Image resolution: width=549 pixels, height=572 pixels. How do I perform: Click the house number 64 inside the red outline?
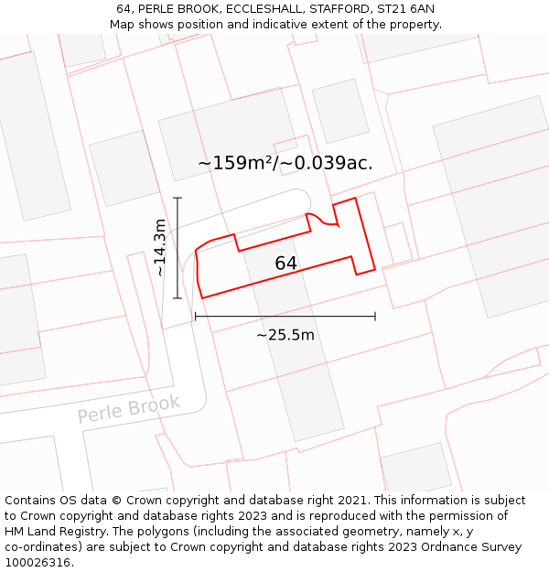coord(285,264)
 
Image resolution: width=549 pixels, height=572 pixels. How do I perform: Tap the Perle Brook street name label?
coord(129,408)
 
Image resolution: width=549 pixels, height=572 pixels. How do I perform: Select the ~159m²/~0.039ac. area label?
coord(285,163)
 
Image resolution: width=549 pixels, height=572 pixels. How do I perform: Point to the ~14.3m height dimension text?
coord(160,247)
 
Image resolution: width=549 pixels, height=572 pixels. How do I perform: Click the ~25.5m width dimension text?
coord(285,335)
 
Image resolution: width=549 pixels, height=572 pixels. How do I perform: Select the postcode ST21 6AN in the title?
coord(406,9)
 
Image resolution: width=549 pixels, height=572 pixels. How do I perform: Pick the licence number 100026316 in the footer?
coord(38,563)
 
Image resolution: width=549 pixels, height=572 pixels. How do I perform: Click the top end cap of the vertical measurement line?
coord(177,198)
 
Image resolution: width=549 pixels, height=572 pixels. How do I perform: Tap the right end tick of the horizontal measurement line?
coord(375,317)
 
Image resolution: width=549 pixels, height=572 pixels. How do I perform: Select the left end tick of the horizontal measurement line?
coord(195,317)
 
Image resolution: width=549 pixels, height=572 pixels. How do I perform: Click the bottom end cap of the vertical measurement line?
coord(177,298)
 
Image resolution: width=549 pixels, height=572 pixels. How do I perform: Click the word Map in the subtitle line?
coord(123,25)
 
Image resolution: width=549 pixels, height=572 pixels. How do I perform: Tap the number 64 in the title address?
coord(124,9)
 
